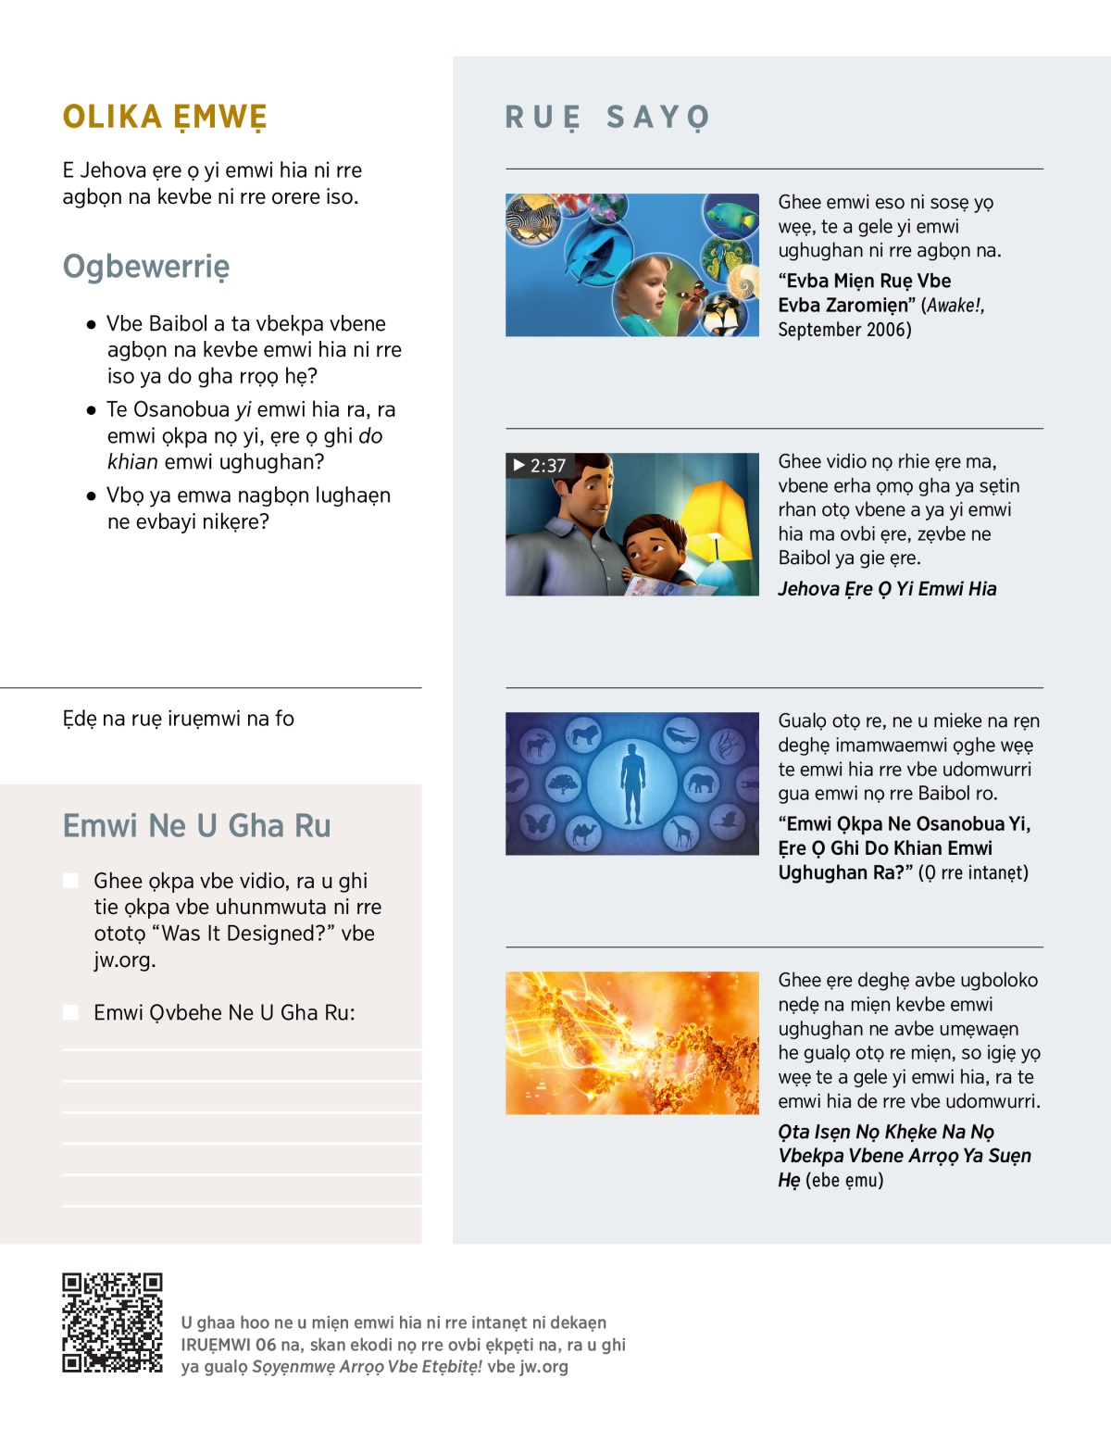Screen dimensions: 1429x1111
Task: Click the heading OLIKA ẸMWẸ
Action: click(165, 118)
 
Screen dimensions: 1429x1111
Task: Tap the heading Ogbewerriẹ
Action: click(146, 267)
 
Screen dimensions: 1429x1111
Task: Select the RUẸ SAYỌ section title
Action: click(607, 118)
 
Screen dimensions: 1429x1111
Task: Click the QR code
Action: click(112, 1322)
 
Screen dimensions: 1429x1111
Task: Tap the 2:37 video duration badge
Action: click(539, 465)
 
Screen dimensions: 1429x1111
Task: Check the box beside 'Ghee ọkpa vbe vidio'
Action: click(71, 881)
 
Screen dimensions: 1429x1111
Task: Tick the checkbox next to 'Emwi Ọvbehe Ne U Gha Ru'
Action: click(71, 1012)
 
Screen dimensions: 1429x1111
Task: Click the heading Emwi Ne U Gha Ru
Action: click(196, 825)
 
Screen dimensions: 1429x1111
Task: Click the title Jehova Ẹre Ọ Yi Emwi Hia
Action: click(887, 589)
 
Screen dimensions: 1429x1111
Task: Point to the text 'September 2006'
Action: click(844, 330)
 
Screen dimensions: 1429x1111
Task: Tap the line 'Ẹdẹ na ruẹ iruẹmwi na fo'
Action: click(178, 719)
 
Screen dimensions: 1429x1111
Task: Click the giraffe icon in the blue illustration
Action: click(681, 834)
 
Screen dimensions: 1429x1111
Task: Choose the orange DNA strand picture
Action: click(632, 1043)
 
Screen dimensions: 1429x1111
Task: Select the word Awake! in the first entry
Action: click(955, 306)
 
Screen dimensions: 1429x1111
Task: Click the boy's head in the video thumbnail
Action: click(648, 546)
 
